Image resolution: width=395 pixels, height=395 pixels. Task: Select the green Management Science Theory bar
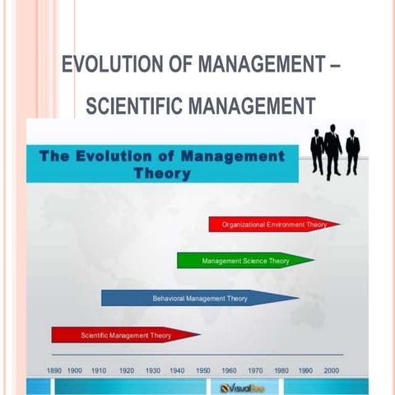[x=244, y=261]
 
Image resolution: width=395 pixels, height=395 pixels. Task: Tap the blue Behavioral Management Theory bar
[x=199, y=298]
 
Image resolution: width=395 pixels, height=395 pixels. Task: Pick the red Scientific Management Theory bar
[x=125, y=335]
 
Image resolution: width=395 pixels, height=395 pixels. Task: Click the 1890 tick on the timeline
[x=55, y=371]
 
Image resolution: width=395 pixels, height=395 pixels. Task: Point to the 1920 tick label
[x=126, y=371]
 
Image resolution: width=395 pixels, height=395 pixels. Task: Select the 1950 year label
[x=202, y=371]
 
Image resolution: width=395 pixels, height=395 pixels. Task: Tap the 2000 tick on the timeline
[x=331, y=371]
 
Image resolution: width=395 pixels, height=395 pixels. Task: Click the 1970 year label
[x=255, y=371]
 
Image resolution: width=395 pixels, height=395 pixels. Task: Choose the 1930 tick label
[x=152, y=371]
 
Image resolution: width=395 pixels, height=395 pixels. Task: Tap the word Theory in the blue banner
[x=162, y=174]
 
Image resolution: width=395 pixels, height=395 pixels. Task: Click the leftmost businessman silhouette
[x=317, y=152]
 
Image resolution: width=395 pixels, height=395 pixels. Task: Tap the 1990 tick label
[x=305, y=371]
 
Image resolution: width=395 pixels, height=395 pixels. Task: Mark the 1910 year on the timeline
[x=100, y=371]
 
